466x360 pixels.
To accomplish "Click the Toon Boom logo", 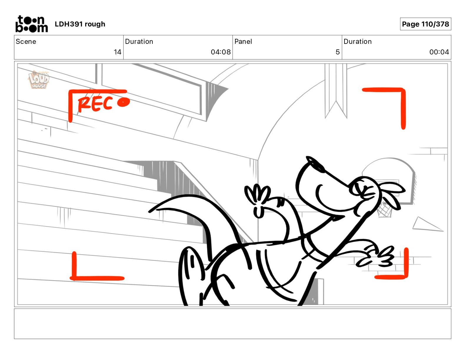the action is pos(31,24).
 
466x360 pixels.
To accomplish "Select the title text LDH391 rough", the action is pos(80,24).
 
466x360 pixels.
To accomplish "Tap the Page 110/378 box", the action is pos(425,24).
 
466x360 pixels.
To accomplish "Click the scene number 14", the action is pos(117,52).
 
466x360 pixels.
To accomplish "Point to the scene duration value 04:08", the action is pos(221,52).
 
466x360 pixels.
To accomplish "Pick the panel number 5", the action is pos(337,52).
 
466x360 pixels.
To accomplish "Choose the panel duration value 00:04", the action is pos(439,52).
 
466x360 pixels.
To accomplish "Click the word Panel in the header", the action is pos(243,41).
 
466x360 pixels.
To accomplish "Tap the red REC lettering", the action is pos(95,104).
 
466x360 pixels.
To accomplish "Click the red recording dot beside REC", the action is pos(124,102).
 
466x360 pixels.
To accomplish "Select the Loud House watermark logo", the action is pos(39,79).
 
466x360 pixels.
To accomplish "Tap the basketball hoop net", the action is pos(384,209).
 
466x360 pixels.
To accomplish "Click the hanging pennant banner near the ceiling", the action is pos(336,90).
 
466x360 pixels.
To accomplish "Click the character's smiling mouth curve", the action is pos(328,201).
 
